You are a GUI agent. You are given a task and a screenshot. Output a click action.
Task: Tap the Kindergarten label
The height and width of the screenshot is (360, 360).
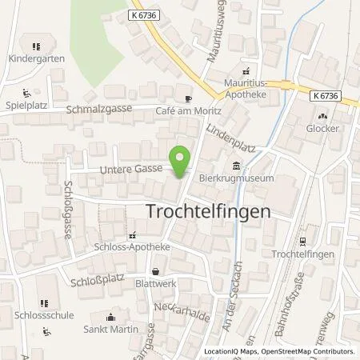pos(34,58)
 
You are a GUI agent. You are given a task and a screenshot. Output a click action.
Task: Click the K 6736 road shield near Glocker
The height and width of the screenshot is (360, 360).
pos(326,95)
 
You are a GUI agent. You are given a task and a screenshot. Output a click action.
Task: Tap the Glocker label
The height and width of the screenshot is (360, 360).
pos(323,128)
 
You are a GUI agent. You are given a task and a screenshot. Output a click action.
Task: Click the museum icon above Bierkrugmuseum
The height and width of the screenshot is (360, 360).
pos(235,166)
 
